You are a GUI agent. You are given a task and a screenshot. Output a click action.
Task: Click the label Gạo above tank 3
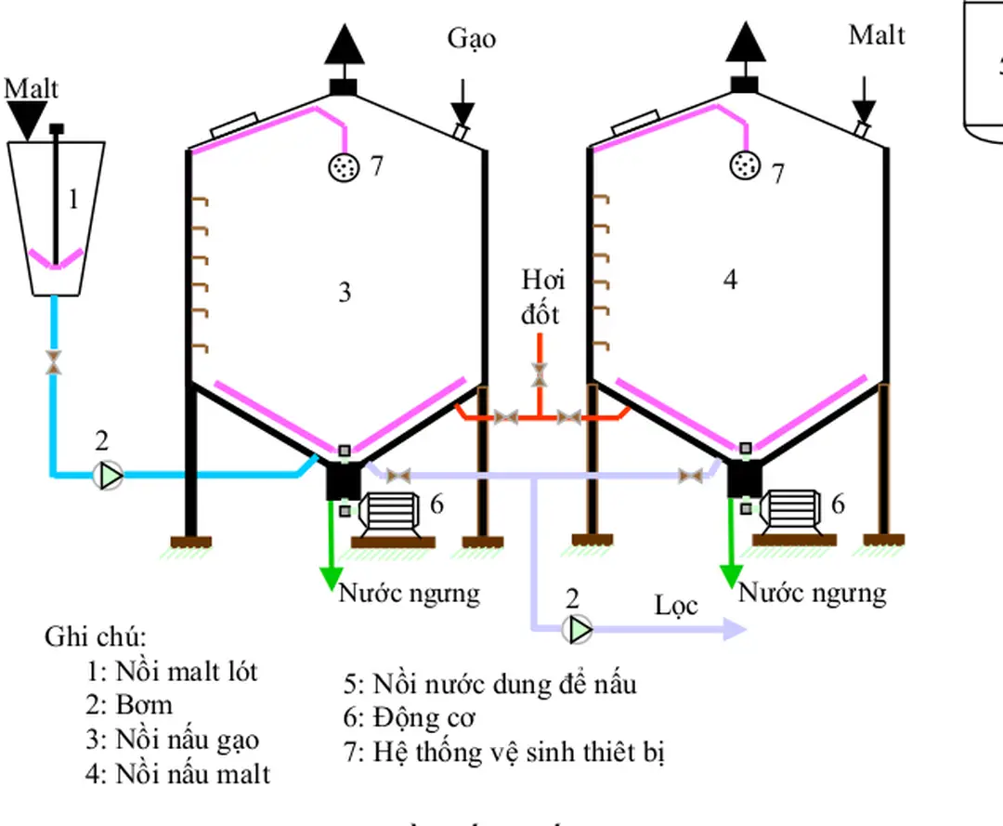coord(471,39)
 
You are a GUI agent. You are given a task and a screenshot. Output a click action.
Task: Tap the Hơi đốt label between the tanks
coord(541,297)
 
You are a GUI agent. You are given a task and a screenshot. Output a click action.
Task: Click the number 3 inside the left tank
coord(345,293)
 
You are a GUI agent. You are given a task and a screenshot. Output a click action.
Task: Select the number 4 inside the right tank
coord(730,280)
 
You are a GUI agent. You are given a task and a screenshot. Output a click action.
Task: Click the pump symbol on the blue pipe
coord(109,476)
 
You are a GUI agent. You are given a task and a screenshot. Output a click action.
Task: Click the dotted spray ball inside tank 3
coord(345,167)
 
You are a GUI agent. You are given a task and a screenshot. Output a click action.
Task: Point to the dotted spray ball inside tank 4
coord(745,166)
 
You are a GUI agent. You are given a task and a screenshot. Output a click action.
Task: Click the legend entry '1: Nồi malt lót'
coord(172,671)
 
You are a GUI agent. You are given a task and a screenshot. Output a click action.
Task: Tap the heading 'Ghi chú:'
coord(96,637)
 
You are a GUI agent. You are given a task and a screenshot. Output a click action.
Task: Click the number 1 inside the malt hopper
coord(74,199)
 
